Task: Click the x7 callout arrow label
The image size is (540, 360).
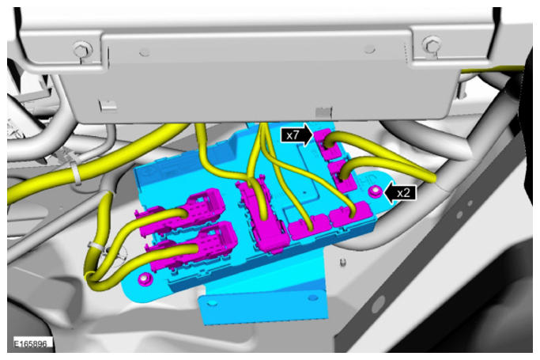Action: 296,135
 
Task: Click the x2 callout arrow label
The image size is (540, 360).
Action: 399,193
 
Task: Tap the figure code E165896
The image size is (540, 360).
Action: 31,344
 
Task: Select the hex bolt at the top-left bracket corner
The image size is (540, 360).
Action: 81,50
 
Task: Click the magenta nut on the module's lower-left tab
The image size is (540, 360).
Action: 145,279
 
